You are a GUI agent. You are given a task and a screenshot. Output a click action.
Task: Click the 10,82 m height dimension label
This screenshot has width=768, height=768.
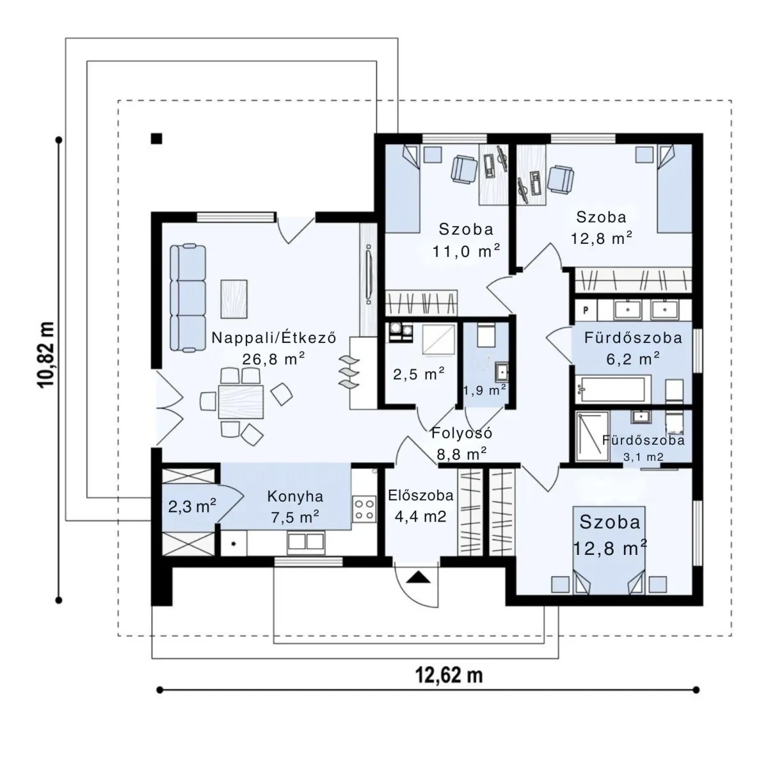pyautogui.click(x=46, y=355)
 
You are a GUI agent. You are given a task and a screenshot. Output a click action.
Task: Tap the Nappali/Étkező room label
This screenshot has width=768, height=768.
pyautogui.click(x=274, y=338)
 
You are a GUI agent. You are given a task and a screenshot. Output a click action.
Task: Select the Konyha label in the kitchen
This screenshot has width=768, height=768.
pyautogui.click(x=295, y=496)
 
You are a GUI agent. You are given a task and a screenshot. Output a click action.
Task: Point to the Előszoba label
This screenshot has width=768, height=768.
pyautogui.click(x=421, y=495)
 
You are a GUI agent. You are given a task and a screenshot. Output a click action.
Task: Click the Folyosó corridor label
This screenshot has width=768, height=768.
pyautogui.click(x=462, y=433)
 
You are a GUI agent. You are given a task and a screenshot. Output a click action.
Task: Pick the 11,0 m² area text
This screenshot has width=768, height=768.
pyautogui.click(x=466, y=251)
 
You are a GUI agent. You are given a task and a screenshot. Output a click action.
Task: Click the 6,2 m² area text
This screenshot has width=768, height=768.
pyautogui.click(x=633, y=358)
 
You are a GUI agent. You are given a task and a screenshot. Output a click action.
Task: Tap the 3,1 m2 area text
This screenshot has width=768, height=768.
pyautogui.click(x=643, y=457)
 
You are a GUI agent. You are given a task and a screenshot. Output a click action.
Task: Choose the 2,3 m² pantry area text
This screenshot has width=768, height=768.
pyautogui.click(x=192, y=506)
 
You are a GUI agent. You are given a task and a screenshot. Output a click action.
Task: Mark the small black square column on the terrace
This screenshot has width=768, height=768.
pyautogui.click(x=156, y=138)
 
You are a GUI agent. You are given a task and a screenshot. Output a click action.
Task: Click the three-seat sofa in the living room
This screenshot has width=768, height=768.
pyautogui.click(x=188, y=298)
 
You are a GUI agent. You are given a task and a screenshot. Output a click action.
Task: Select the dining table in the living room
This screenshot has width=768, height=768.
pyautogui.click(x=241, y=401)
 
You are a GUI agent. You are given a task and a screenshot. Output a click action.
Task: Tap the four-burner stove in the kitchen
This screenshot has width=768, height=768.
pyautogui.click(x=364, y=509)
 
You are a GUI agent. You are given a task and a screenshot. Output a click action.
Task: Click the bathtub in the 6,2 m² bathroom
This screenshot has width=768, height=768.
pyautogui.click(x=612, y=389)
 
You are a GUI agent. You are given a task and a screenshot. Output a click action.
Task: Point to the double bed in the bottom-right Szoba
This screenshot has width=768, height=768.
pyautogui.click(x=609, y=550)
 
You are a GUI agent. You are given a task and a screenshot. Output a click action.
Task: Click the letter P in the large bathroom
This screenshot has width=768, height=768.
pyautogui.click(x=586, y=310)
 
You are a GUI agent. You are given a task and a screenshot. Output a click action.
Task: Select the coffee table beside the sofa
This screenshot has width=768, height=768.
pyautogui.click(x=234, y=299)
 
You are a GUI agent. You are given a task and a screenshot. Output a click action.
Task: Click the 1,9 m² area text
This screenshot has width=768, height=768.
pyautogui.click(x=484, y=390)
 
